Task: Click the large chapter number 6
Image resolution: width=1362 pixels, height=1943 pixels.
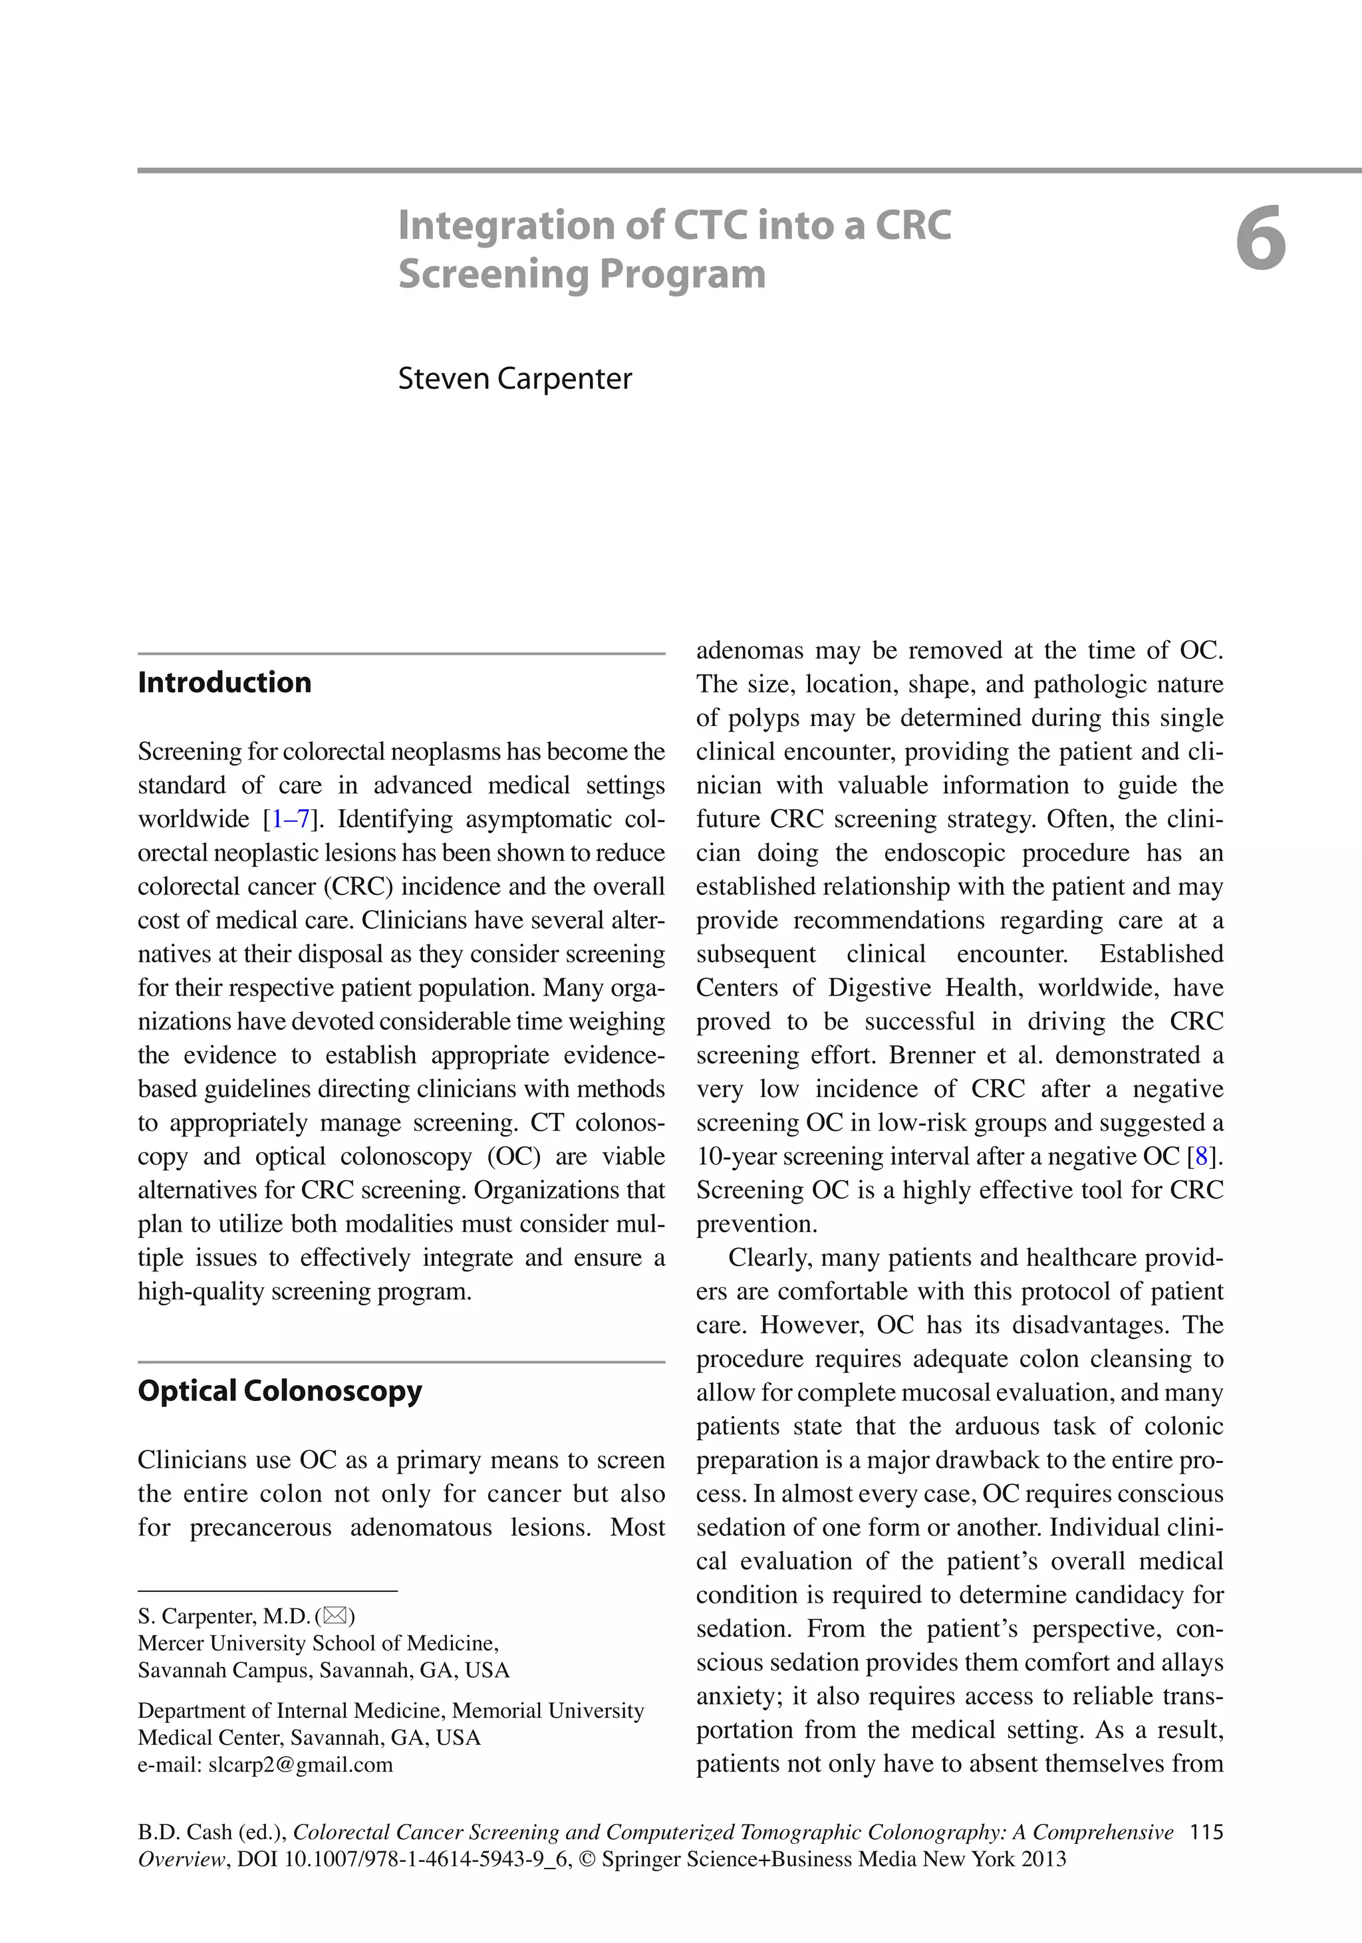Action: (1260, 239)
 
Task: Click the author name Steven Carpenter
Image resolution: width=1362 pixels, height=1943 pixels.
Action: (515, 378)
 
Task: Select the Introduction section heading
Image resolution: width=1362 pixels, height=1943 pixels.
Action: (224, 682)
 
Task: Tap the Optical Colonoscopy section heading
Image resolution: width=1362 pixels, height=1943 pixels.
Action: (279, 1390)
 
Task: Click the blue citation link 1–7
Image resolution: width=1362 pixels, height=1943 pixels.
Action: (291, 819)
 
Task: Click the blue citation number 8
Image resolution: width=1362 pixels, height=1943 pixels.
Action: (1201, 1156)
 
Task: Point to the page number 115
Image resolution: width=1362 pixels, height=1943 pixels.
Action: (1206, 1832)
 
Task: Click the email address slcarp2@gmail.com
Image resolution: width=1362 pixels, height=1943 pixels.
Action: (301, 1764)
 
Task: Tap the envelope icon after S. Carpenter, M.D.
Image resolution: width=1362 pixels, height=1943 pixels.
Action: (335, 1617)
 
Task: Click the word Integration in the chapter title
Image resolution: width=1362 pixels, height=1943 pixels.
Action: (506, 226)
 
